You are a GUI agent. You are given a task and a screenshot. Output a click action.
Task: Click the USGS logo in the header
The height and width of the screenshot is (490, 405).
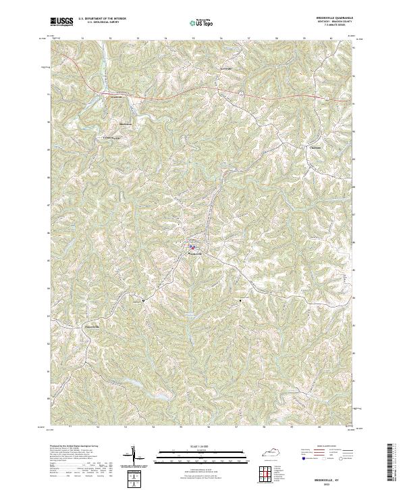point(61,22)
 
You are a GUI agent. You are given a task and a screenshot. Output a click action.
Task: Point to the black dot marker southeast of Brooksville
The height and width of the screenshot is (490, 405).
point(240,298)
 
